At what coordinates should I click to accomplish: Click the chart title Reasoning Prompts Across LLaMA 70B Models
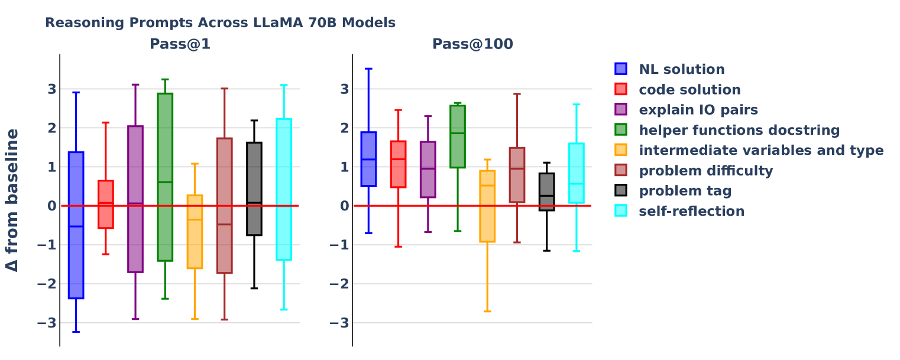(220, 23)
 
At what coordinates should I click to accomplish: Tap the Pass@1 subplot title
(180, 44)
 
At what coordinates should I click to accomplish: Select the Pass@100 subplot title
(472, 44)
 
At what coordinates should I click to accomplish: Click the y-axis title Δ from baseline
(12, 200)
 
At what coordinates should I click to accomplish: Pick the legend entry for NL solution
(681, 70)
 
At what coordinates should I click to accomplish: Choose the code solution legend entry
(689, 90)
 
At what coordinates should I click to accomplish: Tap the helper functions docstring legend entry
(739, 130)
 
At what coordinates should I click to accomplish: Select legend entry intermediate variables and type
(761, 151)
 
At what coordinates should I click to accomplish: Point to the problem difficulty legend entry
(705, 171)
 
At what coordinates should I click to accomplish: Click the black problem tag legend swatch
(621, 191)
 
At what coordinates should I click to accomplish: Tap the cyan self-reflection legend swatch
(621, 211)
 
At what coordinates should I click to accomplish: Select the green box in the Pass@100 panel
(457, 137)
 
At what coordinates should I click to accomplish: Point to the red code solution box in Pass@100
(398, 164)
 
